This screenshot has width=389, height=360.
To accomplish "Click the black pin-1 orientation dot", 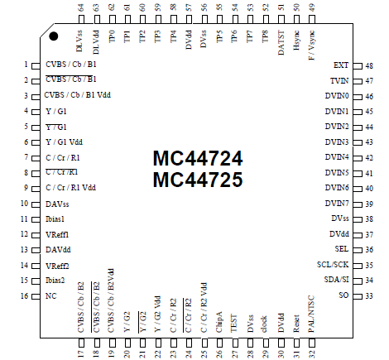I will pyautogui.click(x=53, y=36).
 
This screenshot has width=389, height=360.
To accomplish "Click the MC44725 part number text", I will pyautogui.click(x=197, y=179).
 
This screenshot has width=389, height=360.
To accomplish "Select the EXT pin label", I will pyautogui.click(x=340, y=65).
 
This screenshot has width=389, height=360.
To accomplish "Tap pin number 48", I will pyautogui.click(x=368, y=65).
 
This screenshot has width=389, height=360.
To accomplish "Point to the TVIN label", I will pyautogui.click(x=339, y=80).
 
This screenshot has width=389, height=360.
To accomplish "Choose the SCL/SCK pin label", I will pyautogui.click(x=333, y=265).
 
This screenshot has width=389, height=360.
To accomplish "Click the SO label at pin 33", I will pyautogui.click(x=343, y=295).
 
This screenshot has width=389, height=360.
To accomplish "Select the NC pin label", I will pyautogui.click(x=51, y=295).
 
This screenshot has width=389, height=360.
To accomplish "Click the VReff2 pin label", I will pyautogui.click(x=57, y=265).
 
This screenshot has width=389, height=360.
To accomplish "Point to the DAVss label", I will pyautogui.click(x=58, y=203).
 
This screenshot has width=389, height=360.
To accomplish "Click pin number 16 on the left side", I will pyautogui.click(x=25, y=295).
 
